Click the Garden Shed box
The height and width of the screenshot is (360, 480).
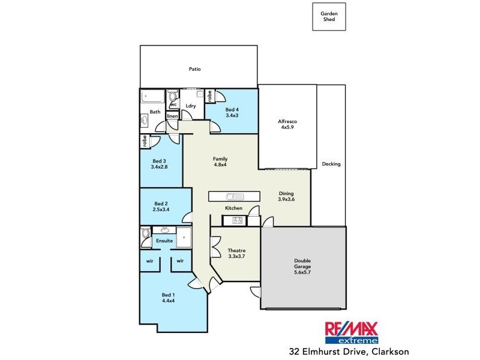[x=329, y=16]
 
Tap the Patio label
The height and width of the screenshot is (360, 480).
[x=194, y=69]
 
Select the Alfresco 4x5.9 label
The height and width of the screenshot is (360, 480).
[x=287, y=124]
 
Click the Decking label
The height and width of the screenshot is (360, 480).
[x=331, y=164]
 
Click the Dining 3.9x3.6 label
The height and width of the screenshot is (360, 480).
[x=286, y=197]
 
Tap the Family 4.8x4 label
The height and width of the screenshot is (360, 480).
[x=220, y=162]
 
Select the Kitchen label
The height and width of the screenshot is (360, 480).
[x=233, y=208]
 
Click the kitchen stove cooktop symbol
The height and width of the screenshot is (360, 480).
[x=237, y=221]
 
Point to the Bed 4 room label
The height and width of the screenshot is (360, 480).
[x=232, y=112]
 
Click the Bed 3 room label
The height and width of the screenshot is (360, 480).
[x=158, y=164]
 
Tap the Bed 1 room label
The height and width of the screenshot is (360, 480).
[x=169, y=298]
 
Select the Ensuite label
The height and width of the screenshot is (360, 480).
[x=164, y=241]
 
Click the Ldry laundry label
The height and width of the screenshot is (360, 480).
[x=191, y=106]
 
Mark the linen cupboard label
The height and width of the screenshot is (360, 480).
[x=172, y=116]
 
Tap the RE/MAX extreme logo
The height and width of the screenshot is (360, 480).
[x=352, y=332]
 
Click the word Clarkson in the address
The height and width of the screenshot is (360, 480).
[x=388, y=351]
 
